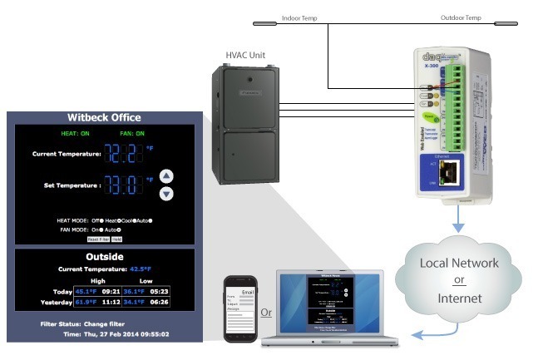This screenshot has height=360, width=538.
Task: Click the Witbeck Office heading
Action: (104, 117)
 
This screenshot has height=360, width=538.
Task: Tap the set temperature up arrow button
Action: (166, 176)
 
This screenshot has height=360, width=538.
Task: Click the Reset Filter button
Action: (98, 239)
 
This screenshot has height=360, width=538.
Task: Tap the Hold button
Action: (117, 239)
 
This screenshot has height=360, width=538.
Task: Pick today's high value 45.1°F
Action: (86, 291)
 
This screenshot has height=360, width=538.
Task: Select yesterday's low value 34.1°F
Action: (136, 303)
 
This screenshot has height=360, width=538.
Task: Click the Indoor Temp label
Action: (299, 17)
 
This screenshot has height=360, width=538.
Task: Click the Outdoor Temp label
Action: (460, 17)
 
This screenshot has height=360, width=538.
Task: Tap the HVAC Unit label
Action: (248, 54)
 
